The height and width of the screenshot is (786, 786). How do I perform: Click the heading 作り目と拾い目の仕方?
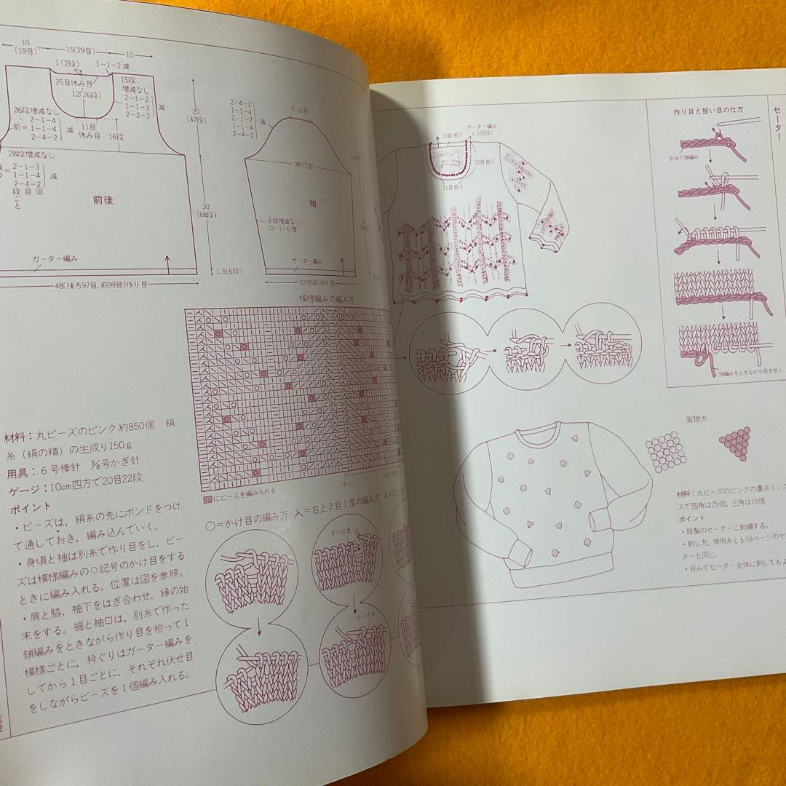pos(704,113)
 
